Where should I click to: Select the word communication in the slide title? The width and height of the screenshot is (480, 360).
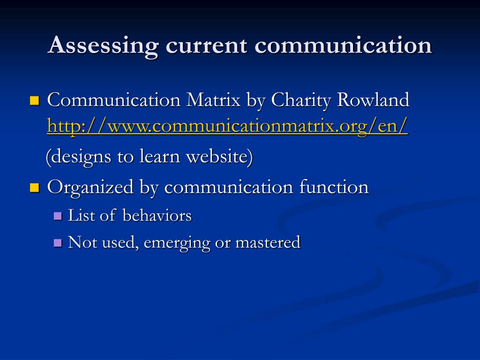[x=343, y=45]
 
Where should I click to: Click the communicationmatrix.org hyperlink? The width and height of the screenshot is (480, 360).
[x=227, y=126]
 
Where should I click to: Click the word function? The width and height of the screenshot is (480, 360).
[x=334, y=187]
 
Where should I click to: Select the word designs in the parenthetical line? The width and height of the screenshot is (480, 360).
[x=79, y=157]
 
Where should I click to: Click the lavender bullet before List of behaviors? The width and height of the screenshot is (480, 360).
[x=58, y=217]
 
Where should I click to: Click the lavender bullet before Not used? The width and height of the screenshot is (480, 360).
[x=58, y=243]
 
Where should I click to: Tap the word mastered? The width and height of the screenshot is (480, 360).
[x=268, y=242]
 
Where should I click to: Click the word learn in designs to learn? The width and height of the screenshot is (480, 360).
[x=161, y=157]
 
